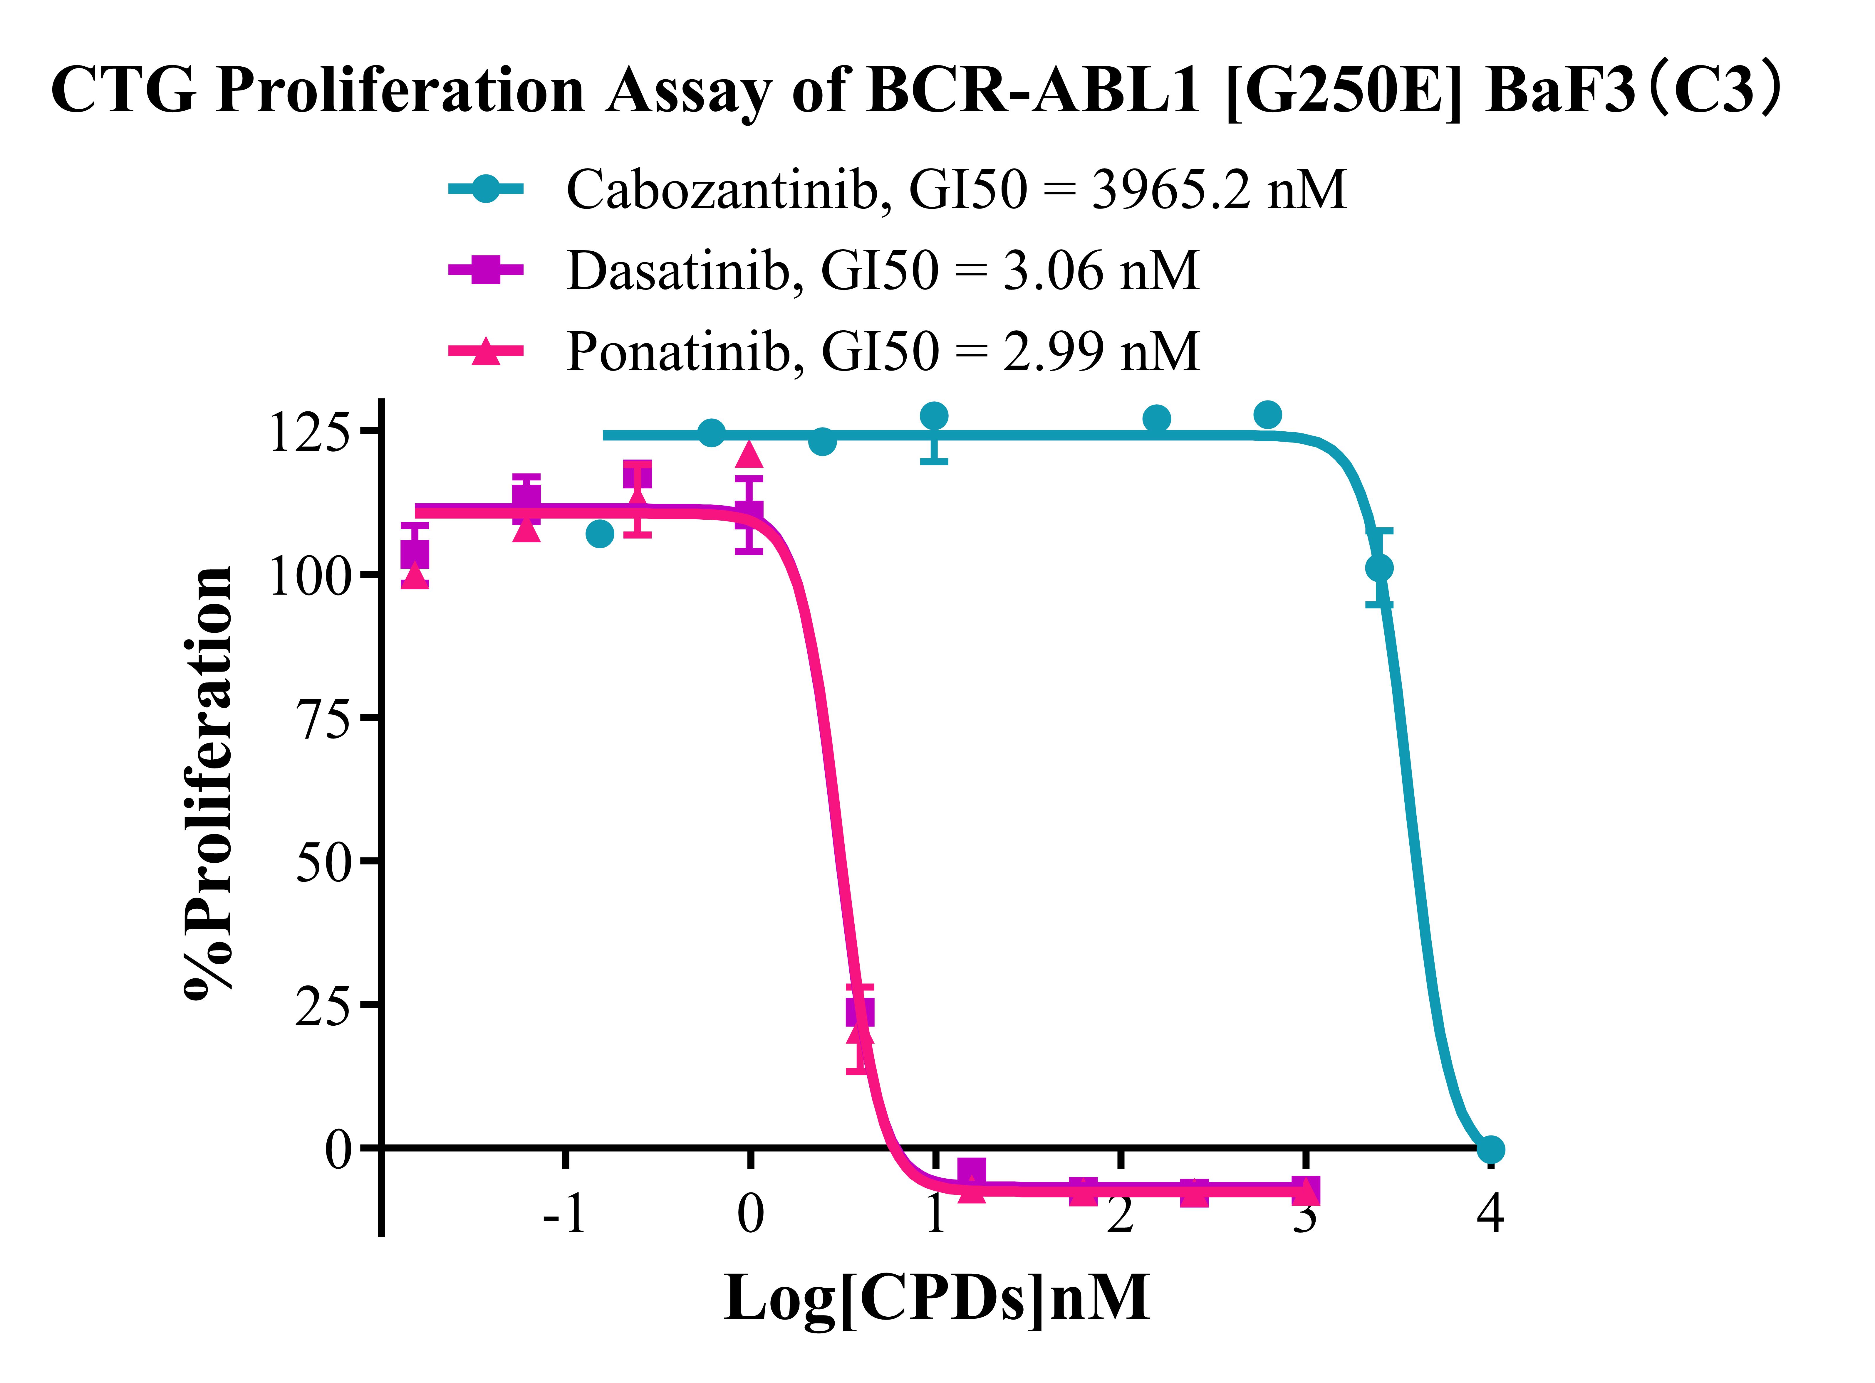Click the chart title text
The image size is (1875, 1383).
[917, 90]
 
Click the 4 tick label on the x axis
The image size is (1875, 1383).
[1490, 1214]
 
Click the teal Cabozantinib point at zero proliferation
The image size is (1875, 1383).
[1490, 1150]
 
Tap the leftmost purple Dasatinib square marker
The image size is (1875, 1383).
[415, 553]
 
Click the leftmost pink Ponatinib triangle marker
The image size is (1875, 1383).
[415, 576]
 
